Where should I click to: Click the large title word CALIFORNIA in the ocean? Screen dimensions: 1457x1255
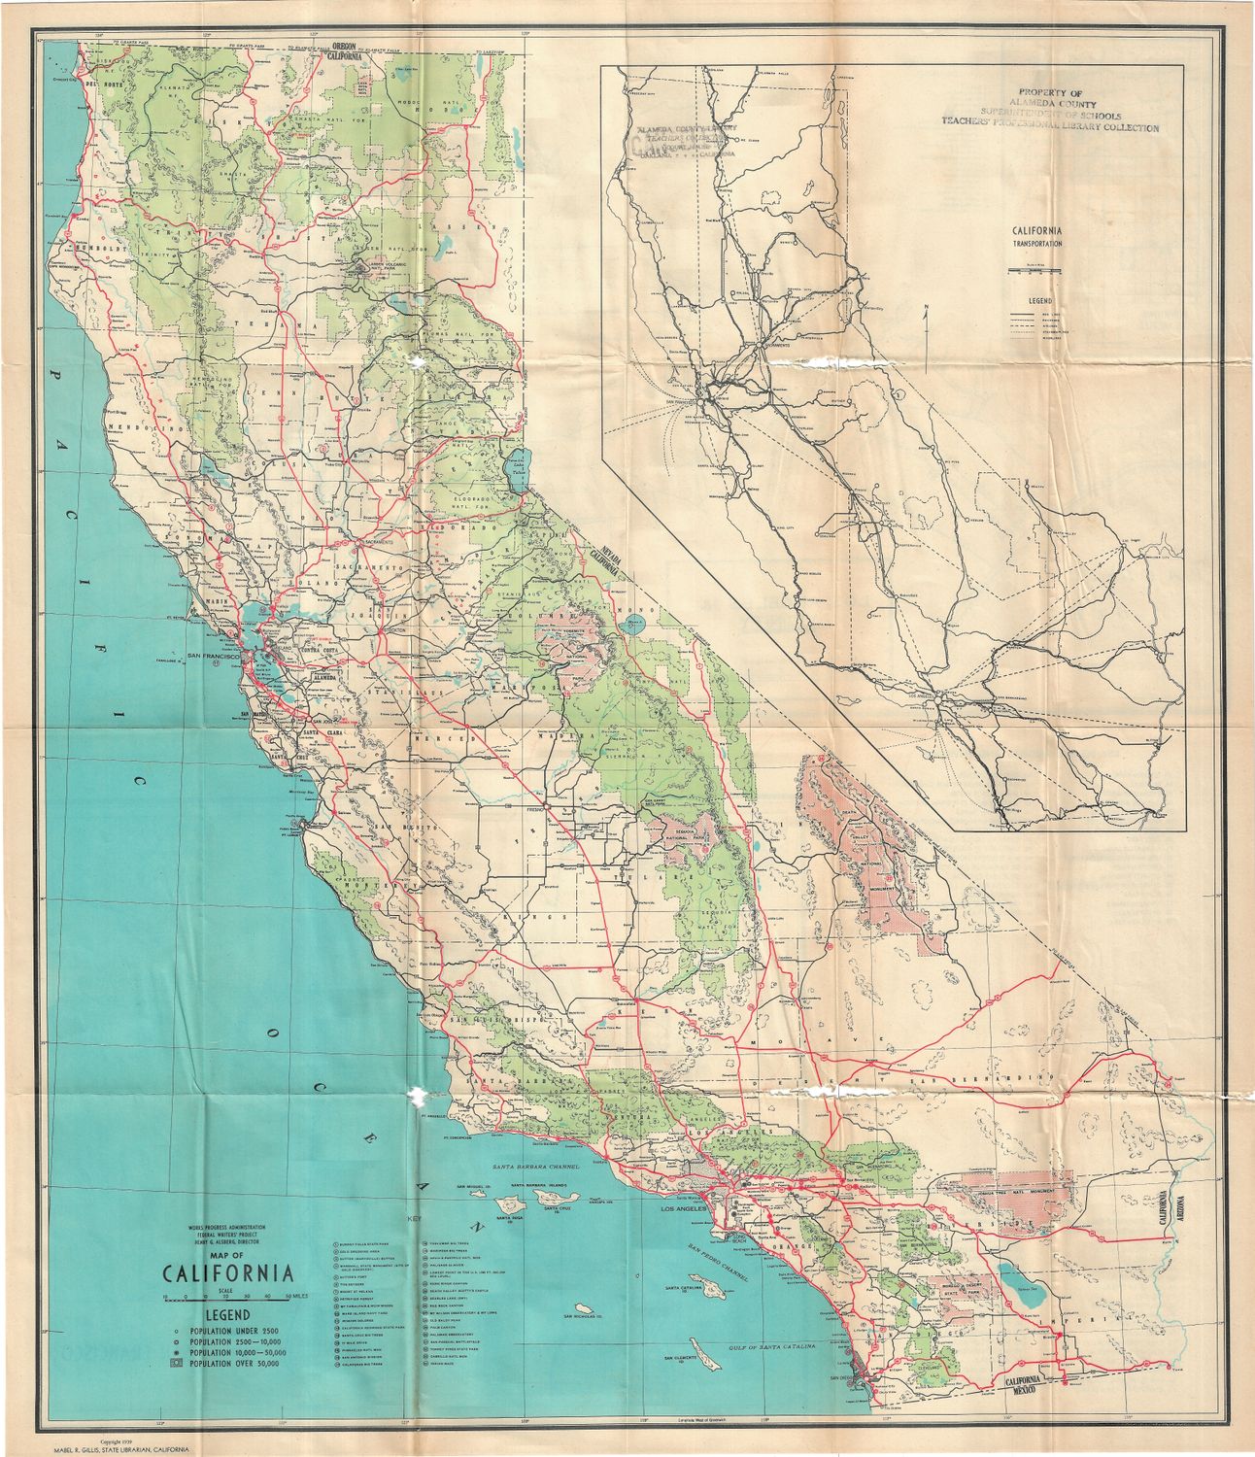228,1272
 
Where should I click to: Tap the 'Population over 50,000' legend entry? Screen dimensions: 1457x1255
233,1364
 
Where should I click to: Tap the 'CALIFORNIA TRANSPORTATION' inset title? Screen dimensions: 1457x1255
1037,237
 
